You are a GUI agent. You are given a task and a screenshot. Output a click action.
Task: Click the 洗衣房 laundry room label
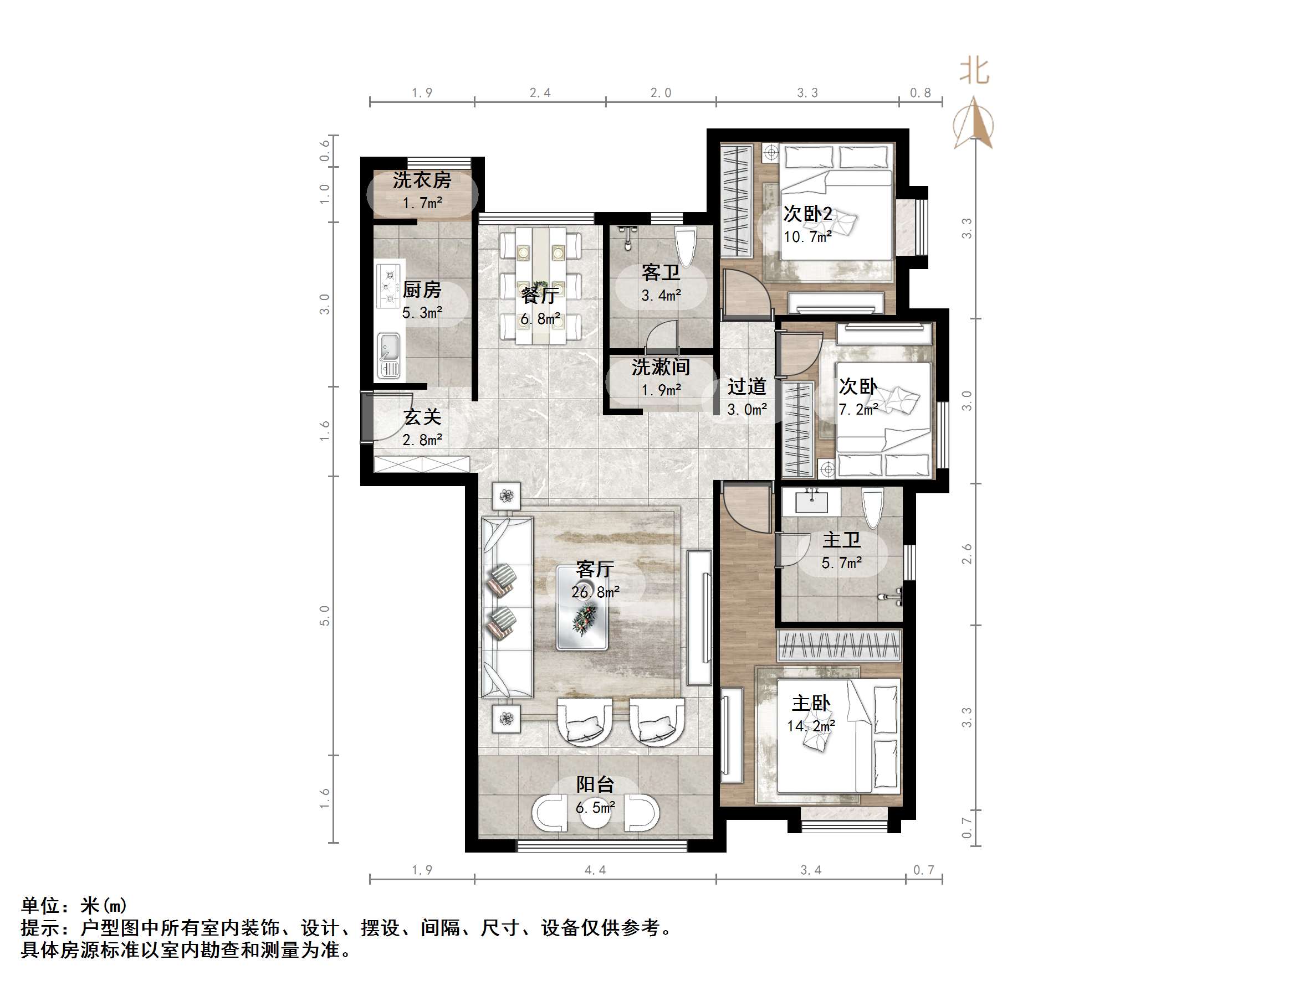pyautogui.click(x=421, y=180)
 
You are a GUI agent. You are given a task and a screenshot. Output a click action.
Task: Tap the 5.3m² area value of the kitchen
pyautogui.click(x=422, y=313)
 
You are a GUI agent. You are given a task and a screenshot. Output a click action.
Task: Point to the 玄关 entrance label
pyautogui.click(x=422, y=417)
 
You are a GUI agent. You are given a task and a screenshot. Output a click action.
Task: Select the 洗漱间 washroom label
pyautogui.click(x=661, y=367)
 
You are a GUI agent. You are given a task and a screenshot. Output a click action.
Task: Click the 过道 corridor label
pyautogui.click(x=746, y=387)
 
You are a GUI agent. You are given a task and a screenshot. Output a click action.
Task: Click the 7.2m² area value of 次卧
pyautogui.click(x=857, y=409)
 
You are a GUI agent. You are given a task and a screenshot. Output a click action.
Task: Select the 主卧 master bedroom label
pyautogui.click(x=811, y=704)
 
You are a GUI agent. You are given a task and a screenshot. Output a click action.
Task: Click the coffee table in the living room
pyautogui.click(x=582, y=607)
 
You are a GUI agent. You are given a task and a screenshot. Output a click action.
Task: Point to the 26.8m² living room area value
pyautogui.click(x=595, y=592)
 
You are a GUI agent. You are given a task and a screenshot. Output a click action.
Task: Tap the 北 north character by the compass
pyautogui.click(x=974, y=71)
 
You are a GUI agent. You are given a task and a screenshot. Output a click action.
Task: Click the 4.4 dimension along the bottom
pyautogui.click(x=595, y=870)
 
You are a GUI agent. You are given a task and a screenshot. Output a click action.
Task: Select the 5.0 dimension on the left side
pyautogui.click(x=324, y=616)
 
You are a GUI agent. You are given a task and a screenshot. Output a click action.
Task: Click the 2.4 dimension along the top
pyautogui.click(x=540, y=93)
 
